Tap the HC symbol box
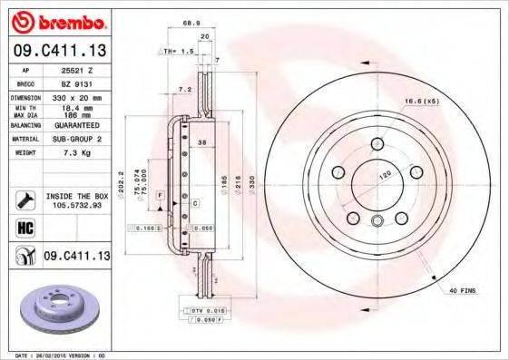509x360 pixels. click(x=24, y=227)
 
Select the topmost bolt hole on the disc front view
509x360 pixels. click(x=377, y=142)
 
